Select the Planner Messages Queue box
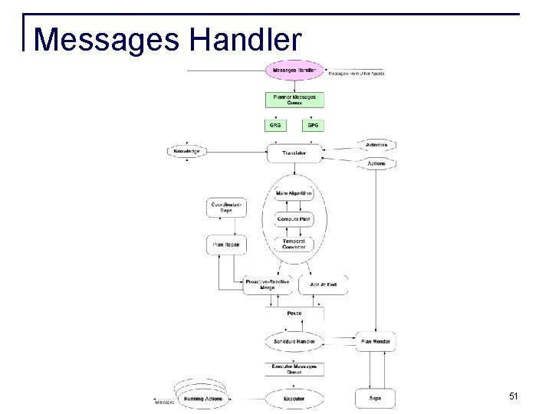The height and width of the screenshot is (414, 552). click(x=295, y=100)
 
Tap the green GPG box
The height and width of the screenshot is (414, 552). click(x=313, y=125)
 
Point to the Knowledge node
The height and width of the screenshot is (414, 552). click(x=186, y=152)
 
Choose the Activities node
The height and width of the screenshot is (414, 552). click(x=376, y=145)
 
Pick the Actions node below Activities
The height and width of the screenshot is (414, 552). click(x=376, y=163)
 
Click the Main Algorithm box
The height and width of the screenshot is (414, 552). click(x=295, y=193)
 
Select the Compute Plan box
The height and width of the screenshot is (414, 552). click(x=295, y=219)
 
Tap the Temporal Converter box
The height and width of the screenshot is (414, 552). click(x=295, y=245)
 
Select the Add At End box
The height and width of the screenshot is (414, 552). click(x=323, y=284)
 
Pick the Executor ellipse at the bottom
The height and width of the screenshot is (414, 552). click(x=295, y=398)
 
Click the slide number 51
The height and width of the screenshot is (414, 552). click(x=514, y=396)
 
